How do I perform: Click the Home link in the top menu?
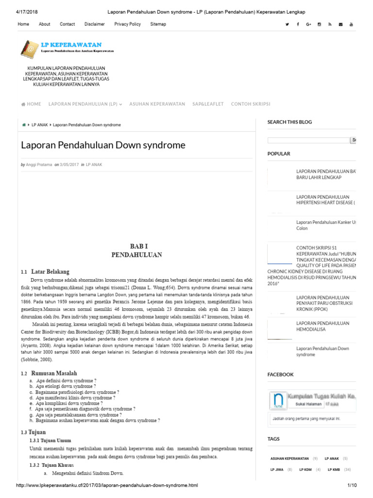(x=23, y=24)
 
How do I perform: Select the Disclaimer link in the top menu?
(x=94, y=24)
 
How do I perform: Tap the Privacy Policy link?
(x=127, y=24)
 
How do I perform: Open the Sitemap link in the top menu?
(x=158, y=24)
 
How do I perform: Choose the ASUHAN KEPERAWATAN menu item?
(x=157, y=104)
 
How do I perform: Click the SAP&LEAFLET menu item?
(x=208, y=104)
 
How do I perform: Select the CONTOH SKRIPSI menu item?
(x=251, y=104)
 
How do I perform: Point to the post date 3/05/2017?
(x=69, y=165)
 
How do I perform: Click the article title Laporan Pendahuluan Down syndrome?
(x=103, y=145)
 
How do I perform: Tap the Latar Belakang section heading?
(x=50, y=271)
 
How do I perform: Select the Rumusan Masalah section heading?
(x=54, y=373)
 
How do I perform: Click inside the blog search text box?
(x=308, y=140)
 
